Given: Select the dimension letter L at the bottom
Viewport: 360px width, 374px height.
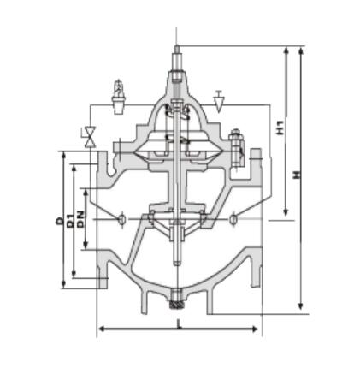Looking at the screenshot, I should [178, 324].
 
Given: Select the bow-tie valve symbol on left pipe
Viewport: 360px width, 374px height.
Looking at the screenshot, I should [88, 134].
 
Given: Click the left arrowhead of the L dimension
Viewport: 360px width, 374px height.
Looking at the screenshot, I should [100, 329].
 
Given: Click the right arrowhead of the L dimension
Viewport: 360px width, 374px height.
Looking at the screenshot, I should [259, 329].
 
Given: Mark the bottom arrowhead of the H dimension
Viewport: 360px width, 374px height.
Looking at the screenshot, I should [300, 311].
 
